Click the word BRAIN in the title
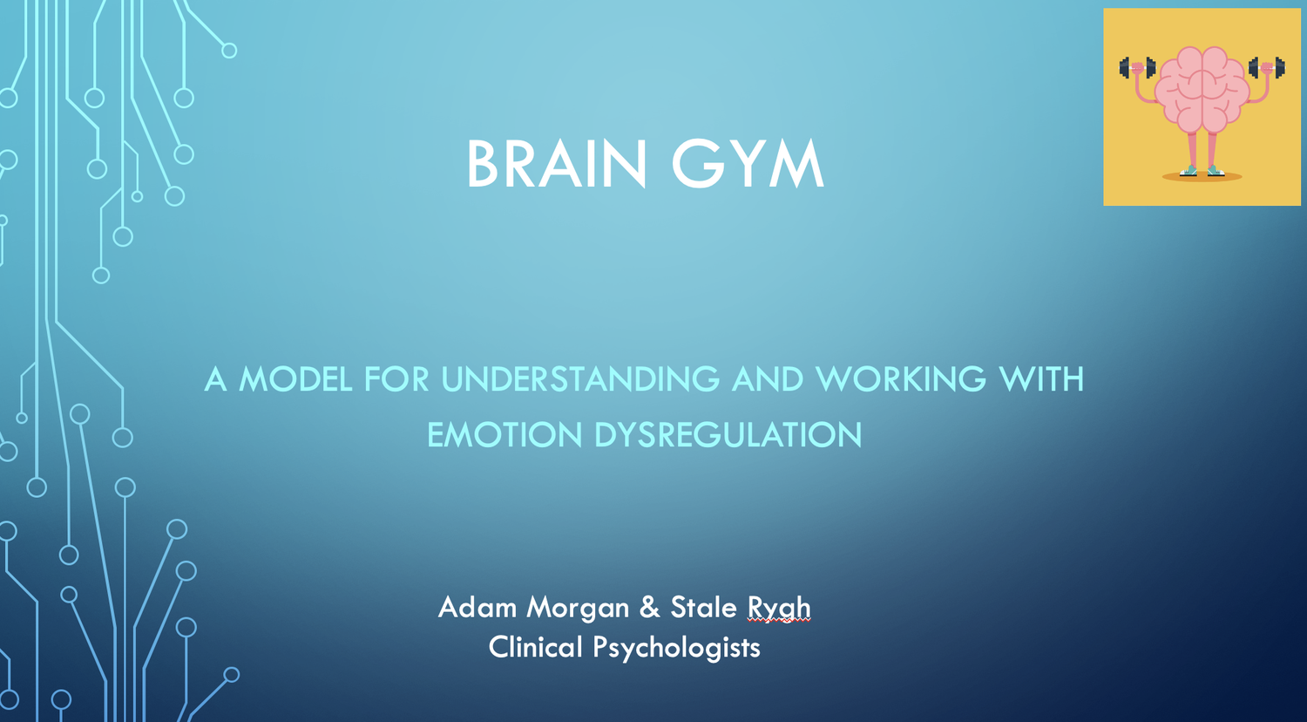[556, 164]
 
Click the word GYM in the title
[748, 164]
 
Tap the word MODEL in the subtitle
[295, 379]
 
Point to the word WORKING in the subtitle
[901, 379]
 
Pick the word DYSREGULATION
[728, 434]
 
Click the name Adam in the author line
[477, 607]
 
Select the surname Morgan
[578, 608]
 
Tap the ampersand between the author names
[649, 607]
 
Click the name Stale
[703, 607]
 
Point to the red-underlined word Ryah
[779, 608]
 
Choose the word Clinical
[535, 647]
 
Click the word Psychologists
[676, 648]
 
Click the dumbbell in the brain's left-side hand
[1137, 68]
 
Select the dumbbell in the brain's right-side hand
[1267, 68]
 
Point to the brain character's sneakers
[1202, 171]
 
